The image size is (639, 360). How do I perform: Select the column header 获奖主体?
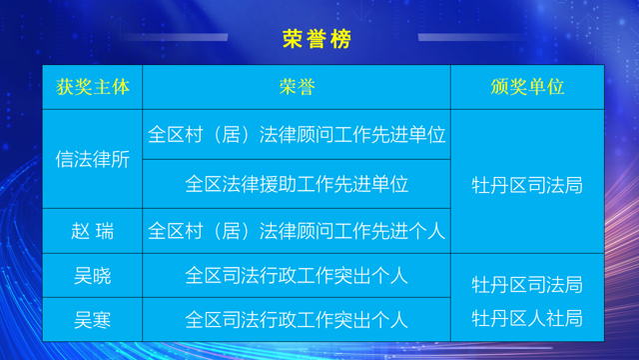[94, 87]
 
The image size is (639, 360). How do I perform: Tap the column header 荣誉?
[297, 87]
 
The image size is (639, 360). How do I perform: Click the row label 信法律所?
[94, 159]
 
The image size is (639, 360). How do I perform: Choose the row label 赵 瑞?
[94, 232]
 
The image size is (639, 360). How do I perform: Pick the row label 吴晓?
[94, 274]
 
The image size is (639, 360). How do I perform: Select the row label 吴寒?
[94, 320]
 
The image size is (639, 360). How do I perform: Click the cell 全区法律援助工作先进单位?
[297, 184]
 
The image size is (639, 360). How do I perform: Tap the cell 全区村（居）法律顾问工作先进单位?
[297, 134]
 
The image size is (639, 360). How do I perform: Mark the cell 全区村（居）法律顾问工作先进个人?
[297, 232]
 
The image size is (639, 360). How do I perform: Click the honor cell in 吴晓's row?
[297, 274]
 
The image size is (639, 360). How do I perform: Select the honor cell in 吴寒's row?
[297, 320]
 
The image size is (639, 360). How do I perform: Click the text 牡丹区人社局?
[527, 320]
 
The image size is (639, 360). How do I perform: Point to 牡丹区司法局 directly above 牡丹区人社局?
[527, 285]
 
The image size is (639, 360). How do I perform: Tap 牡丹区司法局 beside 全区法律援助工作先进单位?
[527, 185]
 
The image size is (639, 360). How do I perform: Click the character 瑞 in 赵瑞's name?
[106, 232]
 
